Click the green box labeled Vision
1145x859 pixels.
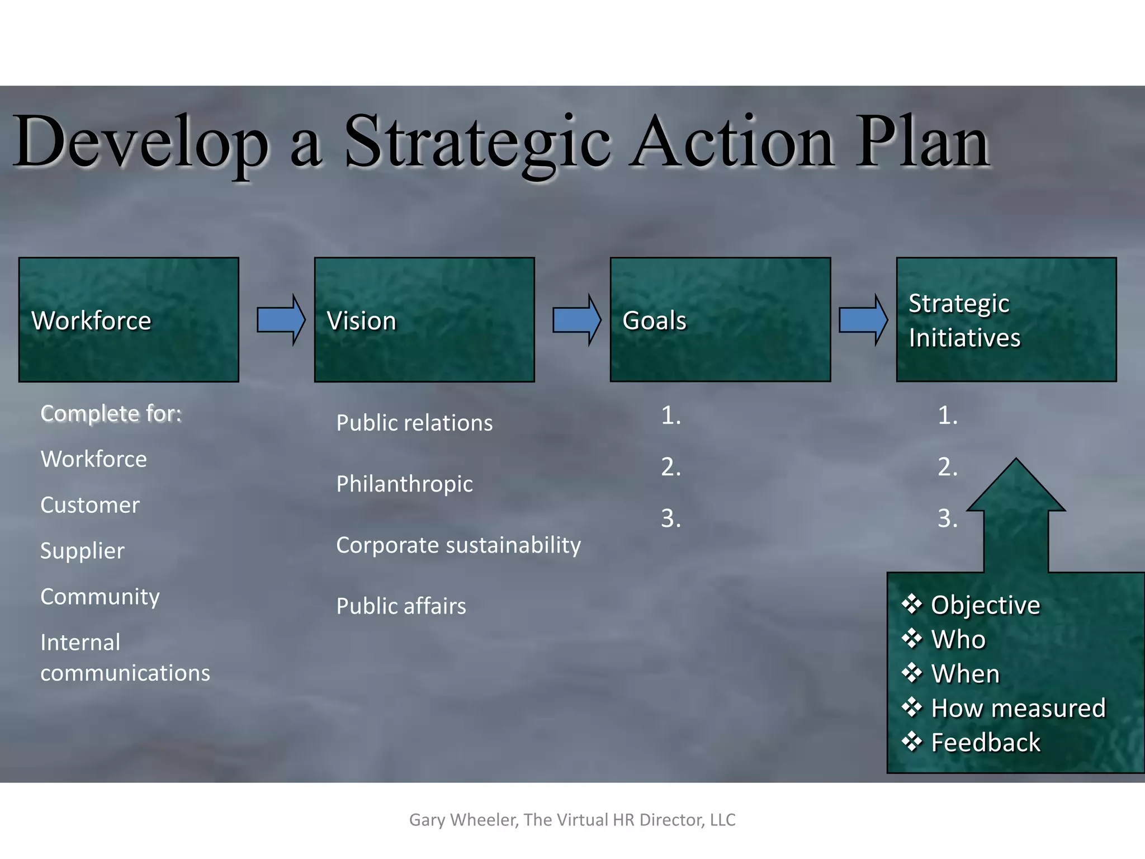(x=424, y=320)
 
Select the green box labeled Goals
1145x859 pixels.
(x=720, y=320)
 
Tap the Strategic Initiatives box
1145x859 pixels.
(x=1006, y=320)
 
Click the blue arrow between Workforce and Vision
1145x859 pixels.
(x=281, y=320)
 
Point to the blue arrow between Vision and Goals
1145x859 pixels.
(x=577, y=320)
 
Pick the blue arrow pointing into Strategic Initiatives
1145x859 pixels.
(x=863, y=320)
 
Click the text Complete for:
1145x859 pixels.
(x=111, y=414)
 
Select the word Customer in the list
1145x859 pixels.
(x=90, y=505)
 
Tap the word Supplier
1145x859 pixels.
(x=82, y=551)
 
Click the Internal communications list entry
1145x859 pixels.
(x=125, y=658)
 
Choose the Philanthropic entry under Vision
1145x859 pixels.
(x=404, y=484)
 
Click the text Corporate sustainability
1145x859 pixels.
(x=458, y=545)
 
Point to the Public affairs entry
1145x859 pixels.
(x=401, y=606)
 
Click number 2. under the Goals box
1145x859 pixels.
(x=671, y=467)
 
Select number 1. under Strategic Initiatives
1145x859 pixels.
(x=948, y=416)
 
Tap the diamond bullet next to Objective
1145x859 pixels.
(x=912, y=604)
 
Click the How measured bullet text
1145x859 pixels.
(x=1018, y=708)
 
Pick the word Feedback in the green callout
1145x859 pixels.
(x=986, y=743)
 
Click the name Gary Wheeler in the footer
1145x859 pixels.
(x=463, y=820)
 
